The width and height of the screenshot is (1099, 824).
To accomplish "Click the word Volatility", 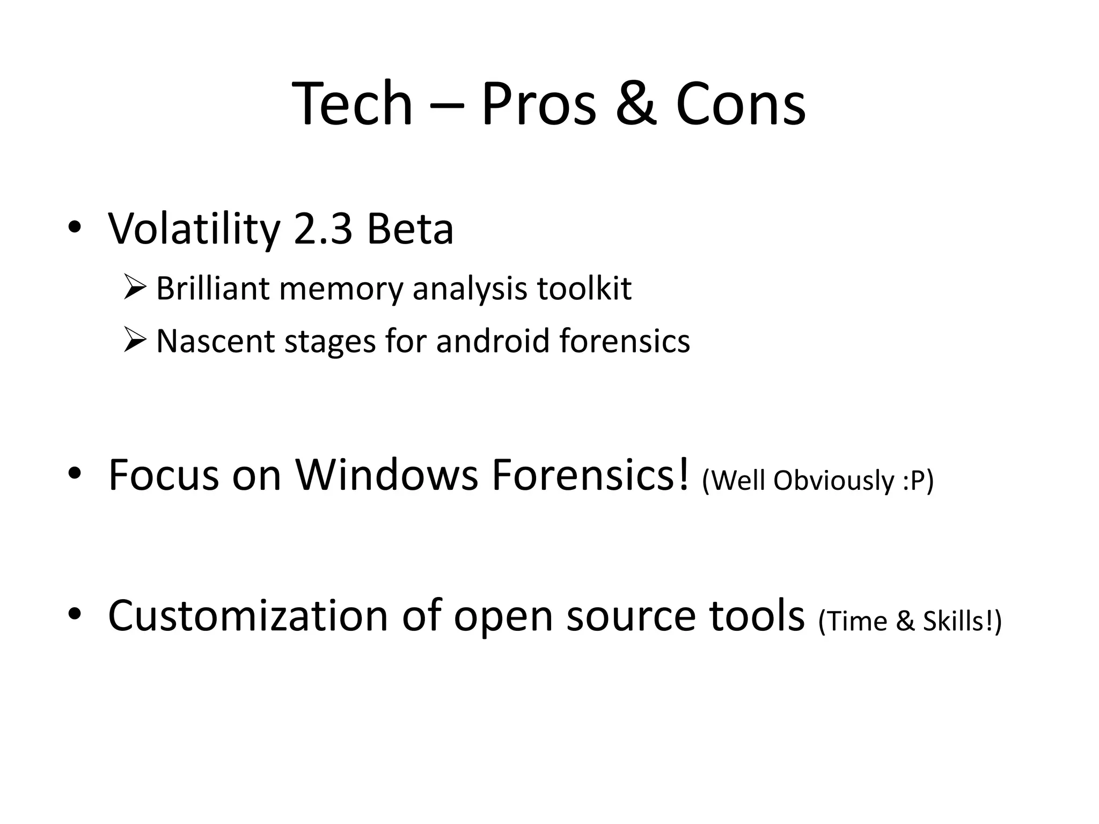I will (194, 230).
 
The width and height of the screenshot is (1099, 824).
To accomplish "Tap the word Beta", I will (410, 230).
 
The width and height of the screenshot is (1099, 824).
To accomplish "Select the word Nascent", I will (215, 341).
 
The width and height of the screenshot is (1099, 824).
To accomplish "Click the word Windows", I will (386, 475).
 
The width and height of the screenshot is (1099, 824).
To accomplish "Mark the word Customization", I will (248, 616).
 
